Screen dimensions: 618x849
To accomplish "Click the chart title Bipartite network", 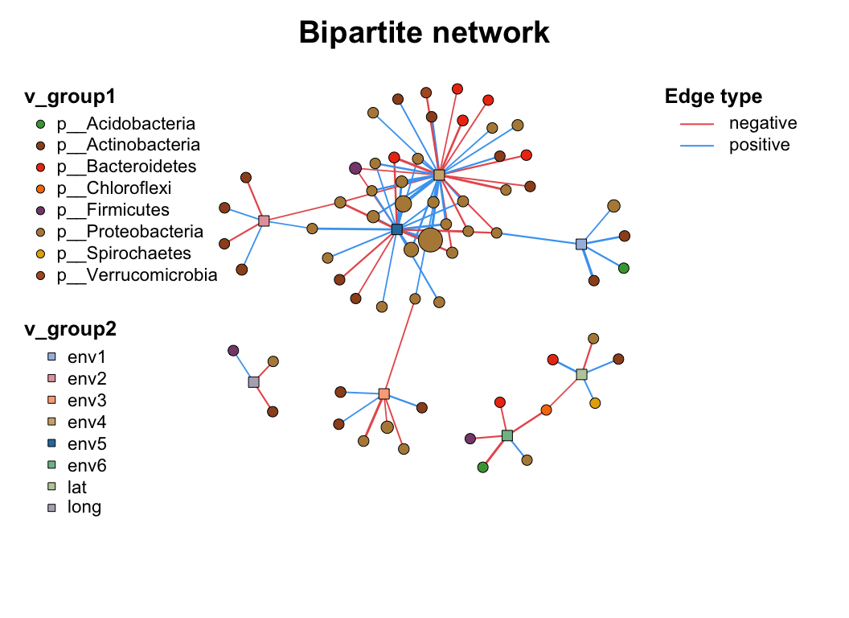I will pos(424,33).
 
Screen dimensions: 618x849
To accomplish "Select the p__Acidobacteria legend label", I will pos(125,124).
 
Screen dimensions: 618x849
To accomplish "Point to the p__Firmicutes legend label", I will pos(112,210).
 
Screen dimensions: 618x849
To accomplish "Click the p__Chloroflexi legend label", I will pos(113,188).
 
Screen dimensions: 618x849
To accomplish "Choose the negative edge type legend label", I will pos(762,123).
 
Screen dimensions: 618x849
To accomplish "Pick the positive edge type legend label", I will pos(759,145).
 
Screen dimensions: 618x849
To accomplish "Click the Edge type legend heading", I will pos(713,97).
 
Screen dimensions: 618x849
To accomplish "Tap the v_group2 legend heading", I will pos(71,329).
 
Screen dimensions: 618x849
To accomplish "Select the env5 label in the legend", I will pos(87,443).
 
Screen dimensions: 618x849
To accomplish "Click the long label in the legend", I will pos(84,507).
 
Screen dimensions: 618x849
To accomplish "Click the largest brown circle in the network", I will pos(430,240).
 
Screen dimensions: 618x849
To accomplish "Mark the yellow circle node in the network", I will pos(595,403).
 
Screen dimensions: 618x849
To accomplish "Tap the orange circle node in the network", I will pos(547,410).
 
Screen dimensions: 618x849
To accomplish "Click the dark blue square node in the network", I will pos(396,229).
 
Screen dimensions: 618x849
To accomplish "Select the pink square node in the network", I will pos(264,220).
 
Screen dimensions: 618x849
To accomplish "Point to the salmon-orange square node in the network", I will pos(383,394).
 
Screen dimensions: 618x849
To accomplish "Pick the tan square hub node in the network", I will pos(439,175).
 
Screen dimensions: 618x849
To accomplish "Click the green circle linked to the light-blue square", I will pos(623,268).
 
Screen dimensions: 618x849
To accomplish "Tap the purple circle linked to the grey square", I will pos(233,351).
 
